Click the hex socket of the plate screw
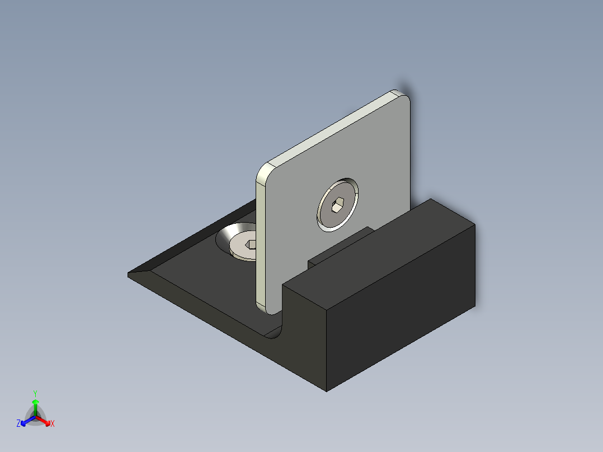pos(337,206)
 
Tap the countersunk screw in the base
pos(243,246)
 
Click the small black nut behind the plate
pos(336,252)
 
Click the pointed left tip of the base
pos(130,274)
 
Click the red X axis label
pos(53,424)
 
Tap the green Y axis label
pos(35,393)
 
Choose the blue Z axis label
pos(18,424)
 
